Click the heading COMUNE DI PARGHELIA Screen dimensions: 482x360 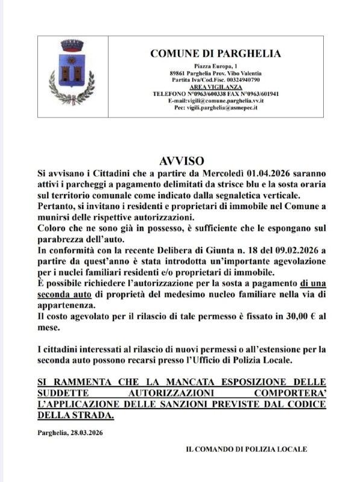click(215, 54)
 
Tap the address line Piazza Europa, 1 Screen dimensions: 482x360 click(215, 65)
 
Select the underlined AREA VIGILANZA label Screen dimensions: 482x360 click(215, 87)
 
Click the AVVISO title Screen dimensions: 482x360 click(182, 161)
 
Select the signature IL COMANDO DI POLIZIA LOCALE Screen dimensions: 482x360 click(246, 449)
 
